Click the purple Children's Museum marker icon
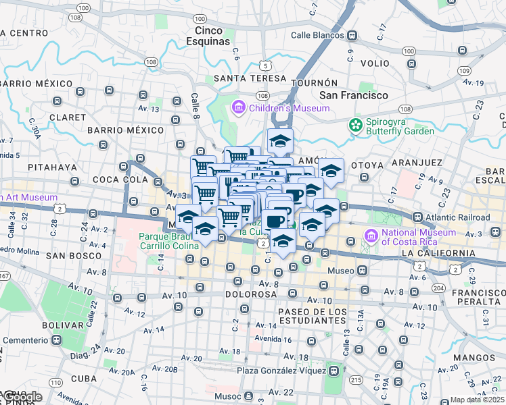[x=237, y=107]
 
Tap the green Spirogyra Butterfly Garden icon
[x=355, y=125]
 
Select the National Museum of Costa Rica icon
[x=370, y=237]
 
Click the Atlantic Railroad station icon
[x=418, y=217]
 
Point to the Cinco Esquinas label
[x=208, y=36]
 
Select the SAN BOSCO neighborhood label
[x=69, y=256]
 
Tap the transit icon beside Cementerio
[x=57, y=340]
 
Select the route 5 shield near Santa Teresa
[x=267, y=65]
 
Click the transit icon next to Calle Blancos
[x=352, y=35]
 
